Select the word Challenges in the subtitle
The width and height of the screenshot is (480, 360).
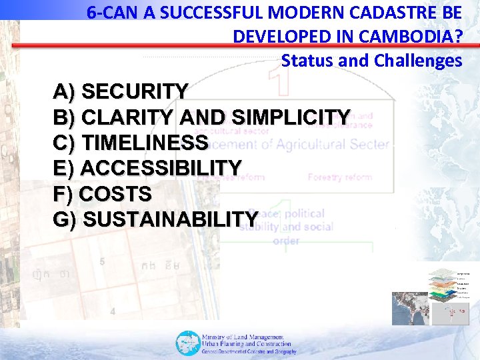click(x=417, y=61)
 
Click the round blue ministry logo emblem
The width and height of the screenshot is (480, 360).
click(x=187, y=343)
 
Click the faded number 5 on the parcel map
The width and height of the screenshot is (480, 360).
click(x=102, y=262)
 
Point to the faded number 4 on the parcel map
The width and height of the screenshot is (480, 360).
click(x=113, y=311)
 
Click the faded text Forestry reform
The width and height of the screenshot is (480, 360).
click(x=339, y=177)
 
